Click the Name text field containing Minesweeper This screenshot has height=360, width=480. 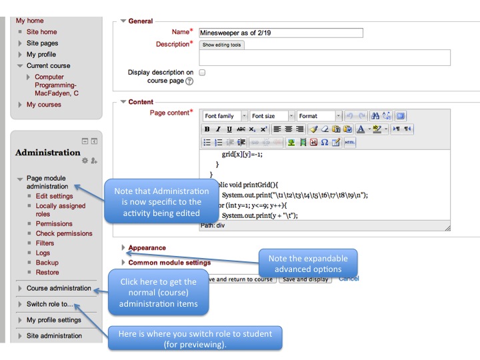click(x=280, y=33)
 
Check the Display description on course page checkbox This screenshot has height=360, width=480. click(x=202, y=72)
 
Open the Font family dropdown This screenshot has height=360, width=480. click(x=225, y=116)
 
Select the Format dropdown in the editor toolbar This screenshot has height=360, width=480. click(x=319, y=116)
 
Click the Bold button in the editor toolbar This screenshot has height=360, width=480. click(x=207, y=129)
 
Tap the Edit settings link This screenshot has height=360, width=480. click(x=54, y=196)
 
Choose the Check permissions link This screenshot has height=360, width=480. click(x=64, y=233)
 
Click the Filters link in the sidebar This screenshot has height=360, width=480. click(x=45, y=243)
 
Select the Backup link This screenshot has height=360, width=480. click(x=46, y=263)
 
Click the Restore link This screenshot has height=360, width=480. click(x=47, y=272)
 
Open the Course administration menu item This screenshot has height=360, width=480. click(x=59, y=288)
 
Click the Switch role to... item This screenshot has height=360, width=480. click(x=50, y=304)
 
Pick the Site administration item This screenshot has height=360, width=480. click(x=54, y=335)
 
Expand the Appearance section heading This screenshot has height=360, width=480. click(x=147, y=248)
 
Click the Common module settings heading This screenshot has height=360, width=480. click(x=169, y=263)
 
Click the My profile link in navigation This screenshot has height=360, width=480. click(x=41, y=55)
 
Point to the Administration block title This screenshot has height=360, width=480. click(x=48, y=152)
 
